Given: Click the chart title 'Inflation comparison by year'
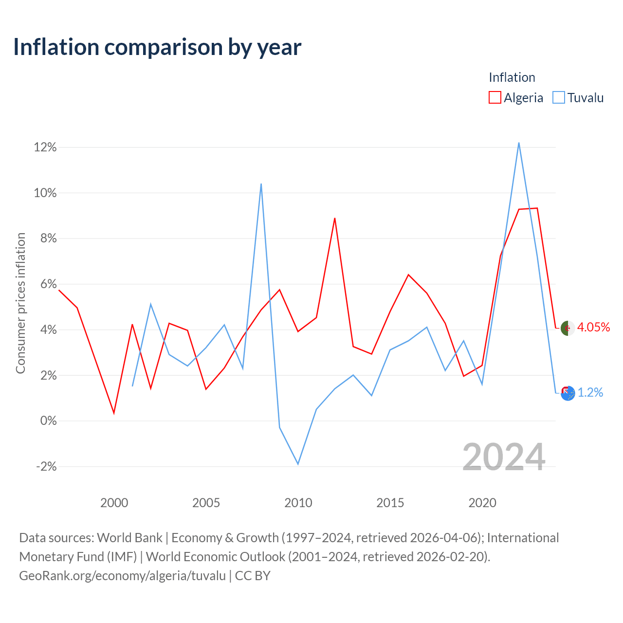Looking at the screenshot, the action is (157, 48).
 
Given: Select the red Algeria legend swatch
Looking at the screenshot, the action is (495, 97).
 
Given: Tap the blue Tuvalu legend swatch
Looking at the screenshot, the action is (559, 97).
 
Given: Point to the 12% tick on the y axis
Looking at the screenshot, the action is (45, 147).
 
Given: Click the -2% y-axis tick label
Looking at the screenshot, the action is (47, 467).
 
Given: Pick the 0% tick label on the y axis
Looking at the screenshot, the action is (49, 421).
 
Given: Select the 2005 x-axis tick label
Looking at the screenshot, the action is (206, 503).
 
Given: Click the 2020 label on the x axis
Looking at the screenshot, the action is (482, 503).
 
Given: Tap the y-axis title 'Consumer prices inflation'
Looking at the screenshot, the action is (20, 303).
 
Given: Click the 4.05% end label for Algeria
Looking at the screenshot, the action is (594, 327).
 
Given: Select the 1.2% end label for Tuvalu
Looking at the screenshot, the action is (590, 392).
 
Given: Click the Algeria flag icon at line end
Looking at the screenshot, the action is (568, 329).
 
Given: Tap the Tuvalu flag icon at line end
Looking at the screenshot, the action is (568, 393).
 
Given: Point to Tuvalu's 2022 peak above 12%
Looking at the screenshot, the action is (519, 143).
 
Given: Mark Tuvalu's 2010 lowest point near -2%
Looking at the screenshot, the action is (298, 464).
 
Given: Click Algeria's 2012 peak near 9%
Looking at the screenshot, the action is (334, 218).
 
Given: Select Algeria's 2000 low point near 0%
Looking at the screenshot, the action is (114, 413).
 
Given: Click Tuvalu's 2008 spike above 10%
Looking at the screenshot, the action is (261, 184).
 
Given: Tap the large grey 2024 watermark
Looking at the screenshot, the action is (504, 457).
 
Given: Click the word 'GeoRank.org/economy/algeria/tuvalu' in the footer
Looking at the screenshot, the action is (123, 576).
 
